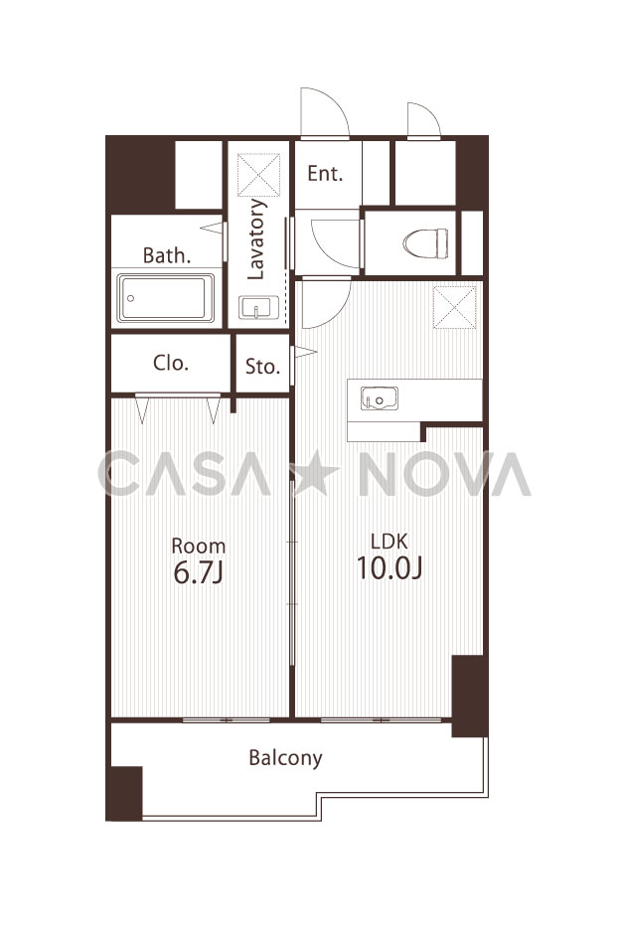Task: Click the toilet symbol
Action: (425, 243)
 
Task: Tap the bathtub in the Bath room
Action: (166, 298)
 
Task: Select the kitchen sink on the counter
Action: (380, 398)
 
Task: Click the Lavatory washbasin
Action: (258, 308)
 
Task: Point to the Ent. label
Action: (325, 173)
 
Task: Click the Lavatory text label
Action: (256, 239)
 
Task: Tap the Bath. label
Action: (167, 255)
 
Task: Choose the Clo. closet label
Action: (171, 363)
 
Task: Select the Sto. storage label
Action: (262, 366)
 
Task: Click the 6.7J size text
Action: (198, 572)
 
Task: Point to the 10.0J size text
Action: (390, 567)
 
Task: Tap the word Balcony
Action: (285, 757)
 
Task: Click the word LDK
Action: (390, 542)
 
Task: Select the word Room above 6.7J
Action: (199, 546)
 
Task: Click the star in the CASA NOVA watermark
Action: (315, 473)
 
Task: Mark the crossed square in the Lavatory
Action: (258, 175)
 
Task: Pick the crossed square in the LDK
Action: (454, 307)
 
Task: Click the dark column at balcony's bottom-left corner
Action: (124, 793)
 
